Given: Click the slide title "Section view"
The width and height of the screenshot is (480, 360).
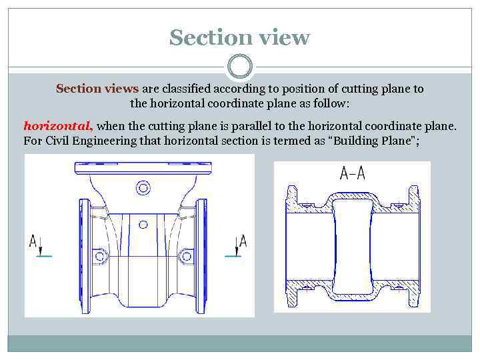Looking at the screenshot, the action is click(239, 37).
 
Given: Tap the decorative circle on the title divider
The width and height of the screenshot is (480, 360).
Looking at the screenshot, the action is click(240, 67).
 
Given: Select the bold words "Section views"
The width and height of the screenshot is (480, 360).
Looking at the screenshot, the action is click(97, 89).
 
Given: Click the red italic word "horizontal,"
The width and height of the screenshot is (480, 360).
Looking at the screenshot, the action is click(58, 125).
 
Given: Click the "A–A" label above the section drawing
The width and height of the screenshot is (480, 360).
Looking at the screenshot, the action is click(352, 173).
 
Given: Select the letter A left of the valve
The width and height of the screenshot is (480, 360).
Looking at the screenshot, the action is click(33, 241).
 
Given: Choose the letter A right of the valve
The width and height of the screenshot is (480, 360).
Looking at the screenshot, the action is click(243, 241).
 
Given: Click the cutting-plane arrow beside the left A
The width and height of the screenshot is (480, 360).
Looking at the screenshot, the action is click(41, 249).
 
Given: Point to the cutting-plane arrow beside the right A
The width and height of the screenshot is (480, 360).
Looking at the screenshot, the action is click(235, 249).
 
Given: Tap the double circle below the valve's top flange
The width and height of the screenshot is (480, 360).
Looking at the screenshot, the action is click(143, 188).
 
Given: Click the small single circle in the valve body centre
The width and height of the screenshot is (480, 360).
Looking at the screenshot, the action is click(143, 223).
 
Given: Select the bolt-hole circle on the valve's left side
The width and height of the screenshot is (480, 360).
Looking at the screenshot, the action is click(100, 255).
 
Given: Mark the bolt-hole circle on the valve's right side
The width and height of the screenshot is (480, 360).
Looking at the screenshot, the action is click(186, 255).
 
